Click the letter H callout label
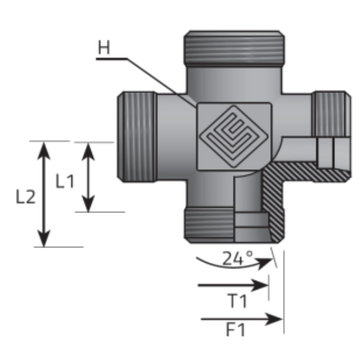(x=104, y=48)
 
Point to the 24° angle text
(x=238, y=258)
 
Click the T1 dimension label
(x=238, y=301)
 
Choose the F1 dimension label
(x=235, y=330)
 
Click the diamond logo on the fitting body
(x=234, y=136)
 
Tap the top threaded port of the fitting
(x=234, y=47)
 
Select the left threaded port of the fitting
(x=138, y=137)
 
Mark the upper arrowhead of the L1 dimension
(x=89, y=149)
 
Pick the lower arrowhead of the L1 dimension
(x=89, y=206)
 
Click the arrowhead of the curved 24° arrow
(x=267, y=262)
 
